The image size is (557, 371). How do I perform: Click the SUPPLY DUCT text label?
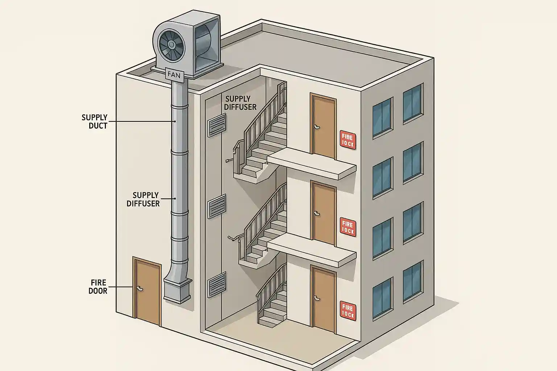pyautogui.click(x=95, y=122)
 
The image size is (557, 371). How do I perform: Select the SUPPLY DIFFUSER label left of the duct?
pyautogui.click(x=143, y=199)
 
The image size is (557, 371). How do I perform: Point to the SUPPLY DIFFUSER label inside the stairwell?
pyautogui.click(x=240, y=103)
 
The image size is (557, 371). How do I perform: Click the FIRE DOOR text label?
pyautogui.click(x=98, y=286)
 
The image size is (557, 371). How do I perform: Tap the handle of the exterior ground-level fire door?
pyautogui.click(x=139, y=288)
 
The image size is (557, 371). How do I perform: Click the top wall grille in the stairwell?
pyautogui.click(x=217, y=125)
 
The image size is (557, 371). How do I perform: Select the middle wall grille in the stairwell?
pyautogui.click(x=217, y=207)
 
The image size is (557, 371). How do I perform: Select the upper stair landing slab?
pyautogui.click(x=311, y=165)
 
